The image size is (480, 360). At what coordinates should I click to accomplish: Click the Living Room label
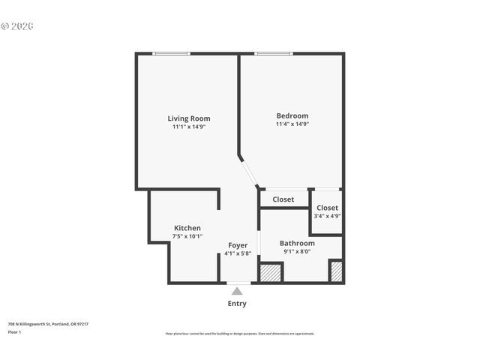(188, 118)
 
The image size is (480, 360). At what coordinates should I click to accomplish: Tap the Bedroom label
(292, 115)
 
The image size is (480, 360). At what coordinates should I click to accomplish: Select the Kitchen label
(187, 228)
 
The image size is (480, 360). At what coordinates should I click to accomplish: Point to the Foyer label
(238, 245)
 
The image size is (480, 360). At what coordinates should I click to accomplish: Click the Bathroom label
(297, 243)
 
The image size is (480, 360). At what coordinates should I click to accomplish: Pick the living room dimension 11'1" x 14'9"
(188, 127)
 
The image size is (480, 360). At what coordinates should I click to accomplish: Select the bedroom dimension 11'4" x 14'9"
(292, 124)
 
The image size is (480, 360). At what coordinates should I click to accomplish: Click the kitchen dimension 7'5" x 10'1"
(187, 236)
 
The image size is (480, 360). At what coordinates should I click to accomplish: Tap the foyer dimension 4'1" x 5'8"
(238, 253)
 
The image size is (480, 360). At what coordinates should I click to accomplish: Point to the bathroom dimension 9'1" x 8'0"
(297, 252)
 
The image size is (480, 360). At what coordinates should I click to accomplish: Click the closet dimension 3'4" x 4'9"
(327, 216)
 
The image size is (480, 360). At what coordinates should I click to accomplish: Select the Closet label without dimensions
(283, 199)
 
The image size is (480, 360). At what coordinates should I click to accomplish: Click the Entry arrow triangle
(237, 291)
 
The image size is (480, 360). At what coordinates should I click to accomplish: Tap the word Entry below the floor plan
(237, 304)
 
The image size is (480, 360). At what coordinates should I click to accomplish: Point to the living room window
(171, 53)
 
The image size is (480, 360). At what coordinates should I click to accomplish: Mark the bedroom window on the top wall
(274, 53)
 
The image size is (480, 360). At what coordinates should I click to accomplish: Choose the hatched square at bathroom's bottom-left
(271, 272)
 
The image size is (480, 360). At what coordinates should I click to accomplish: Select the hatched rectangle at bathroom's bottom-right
(336, 271)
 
